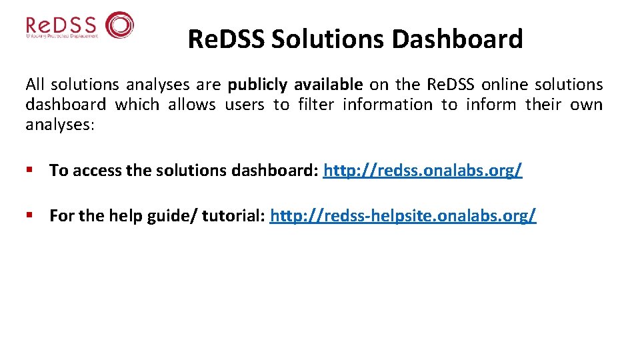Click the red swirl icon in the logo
tap(120, 25)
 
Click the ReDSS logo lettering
tap(61, 25)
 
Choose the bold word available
tap(329, 85)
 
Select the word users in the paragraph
tap(245, 105)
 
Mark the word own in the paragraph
tap(587, 105)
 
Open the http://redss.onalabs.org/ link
tap(423, 171)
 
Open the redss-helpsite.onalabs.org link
tap(403, 216)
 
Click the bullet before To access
tap(29, 171)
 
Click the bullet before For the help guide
tap(29, 216)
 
